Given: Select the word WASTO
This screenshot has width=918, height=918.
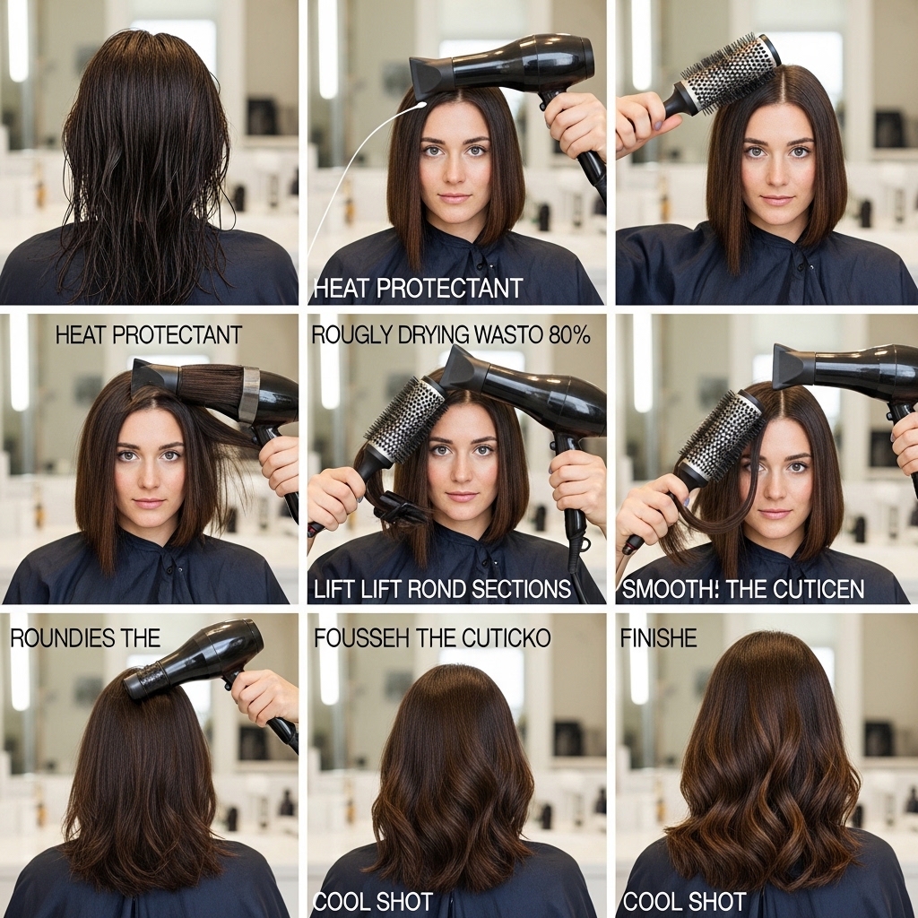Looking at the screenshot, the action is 509,334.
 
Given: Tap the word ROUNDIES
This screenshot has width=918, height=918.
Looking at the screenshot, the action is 58,638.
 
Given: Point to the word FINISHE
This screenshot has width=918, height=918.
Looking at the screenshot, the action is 659,637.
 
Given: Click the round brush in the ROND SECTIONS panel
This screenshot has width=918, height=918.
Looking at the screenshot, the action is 386,440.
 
